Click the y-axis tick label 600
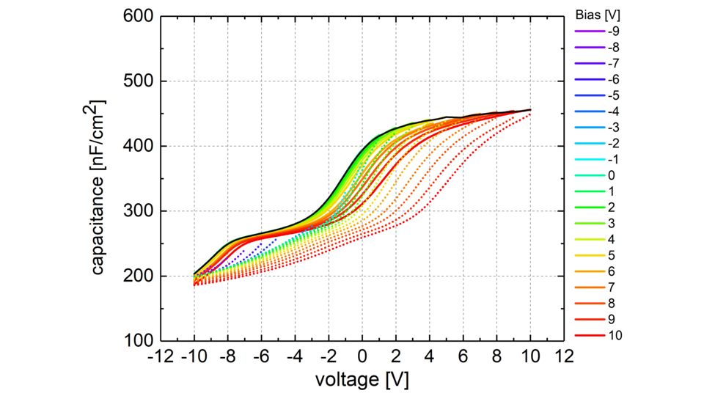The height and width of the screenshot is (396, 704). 136,16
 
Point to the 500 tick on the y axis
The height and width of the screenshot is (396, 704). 136,81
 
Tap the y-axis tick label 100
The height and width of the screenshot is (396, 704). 136,341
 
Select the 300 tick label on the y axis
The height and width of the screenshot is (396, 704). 136,211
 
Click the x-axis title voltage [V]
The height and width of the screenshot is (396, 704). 362,381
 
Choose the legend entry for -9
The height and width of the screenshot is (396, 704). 613,31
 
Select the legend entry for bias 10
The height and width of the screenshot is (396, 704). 615,335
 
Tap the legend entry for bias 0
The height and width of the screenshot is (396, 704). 612,175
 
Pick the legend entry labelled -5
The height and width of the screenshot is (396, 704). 613,95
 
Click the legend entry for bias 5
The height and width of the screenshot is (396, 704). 612,255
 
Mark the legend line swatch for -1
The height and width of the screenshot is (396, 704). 587,159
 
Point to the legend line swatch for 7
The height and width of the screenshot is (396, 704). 587,287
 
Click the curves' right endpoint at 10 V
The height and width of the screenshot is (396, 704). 530,111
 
